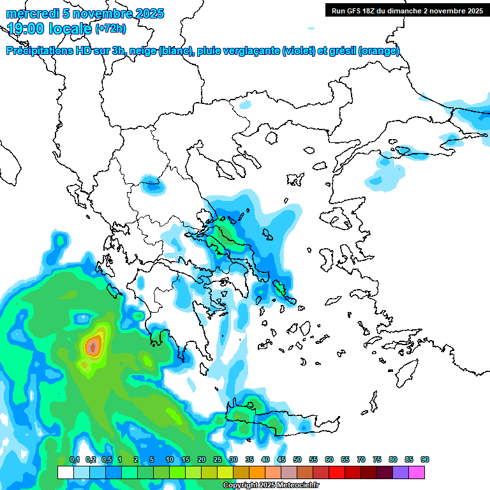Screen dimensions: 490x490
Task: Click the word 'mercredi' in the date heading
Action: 32,13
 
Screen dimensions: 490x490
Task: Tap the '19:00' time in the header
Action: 24,29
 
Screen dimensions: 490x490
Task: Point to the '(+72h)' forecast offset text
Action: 110,28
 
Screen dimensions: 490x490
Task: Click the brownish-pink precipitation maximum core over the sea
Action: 93,346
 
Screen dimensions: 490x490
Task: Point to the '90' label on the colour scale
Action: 425,459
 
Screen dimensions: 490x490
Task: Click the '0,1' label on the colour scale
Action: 75,459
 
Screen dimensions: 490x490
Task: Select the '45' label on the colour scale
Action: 281,459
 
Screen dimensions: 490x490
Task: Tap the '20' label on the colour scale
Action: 202,459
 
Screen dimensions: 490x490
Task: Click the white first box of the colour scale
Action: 65,472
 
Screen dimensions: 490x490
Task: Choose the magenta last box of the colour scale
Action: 417,472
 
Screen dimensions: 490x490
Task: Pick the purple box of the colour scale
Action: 401,472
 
